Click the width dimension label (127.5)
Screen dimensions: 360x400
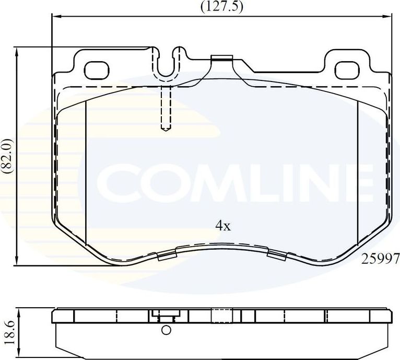(222, 7)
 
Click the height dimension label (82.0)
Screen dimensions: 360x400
(7, 156)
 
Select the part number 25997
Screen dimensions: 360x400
(381, 258)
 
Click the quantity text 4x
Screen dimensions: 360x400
(223, 226)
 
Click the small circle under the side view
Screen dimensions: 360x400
(166, 330)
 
